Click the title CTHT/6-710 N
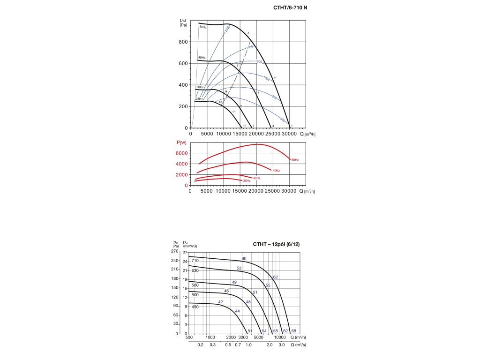pos(290,8)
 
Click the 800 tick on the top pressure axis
pos(183,42)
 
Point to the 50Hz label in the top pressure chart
pos(202,27)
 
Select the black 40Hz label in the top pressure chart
pos(202,58)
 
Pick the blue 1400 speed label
pos(249,47)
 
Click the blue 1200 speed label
pos(258,62)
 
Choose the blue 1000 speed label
pos(266,78)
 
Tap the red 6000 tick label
pos(182,153)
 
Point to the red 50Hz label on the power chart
pos(295,160)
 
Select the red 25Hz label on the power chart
pos(247,180)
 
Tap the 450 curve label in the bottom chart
pos(195,307)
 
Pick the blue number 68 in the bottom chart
pos(293,331)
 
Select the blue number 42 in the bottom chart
pos(220,301)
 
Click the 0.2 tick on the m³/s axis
pos(200,345)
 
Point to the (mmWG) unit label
pos(189,246)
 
